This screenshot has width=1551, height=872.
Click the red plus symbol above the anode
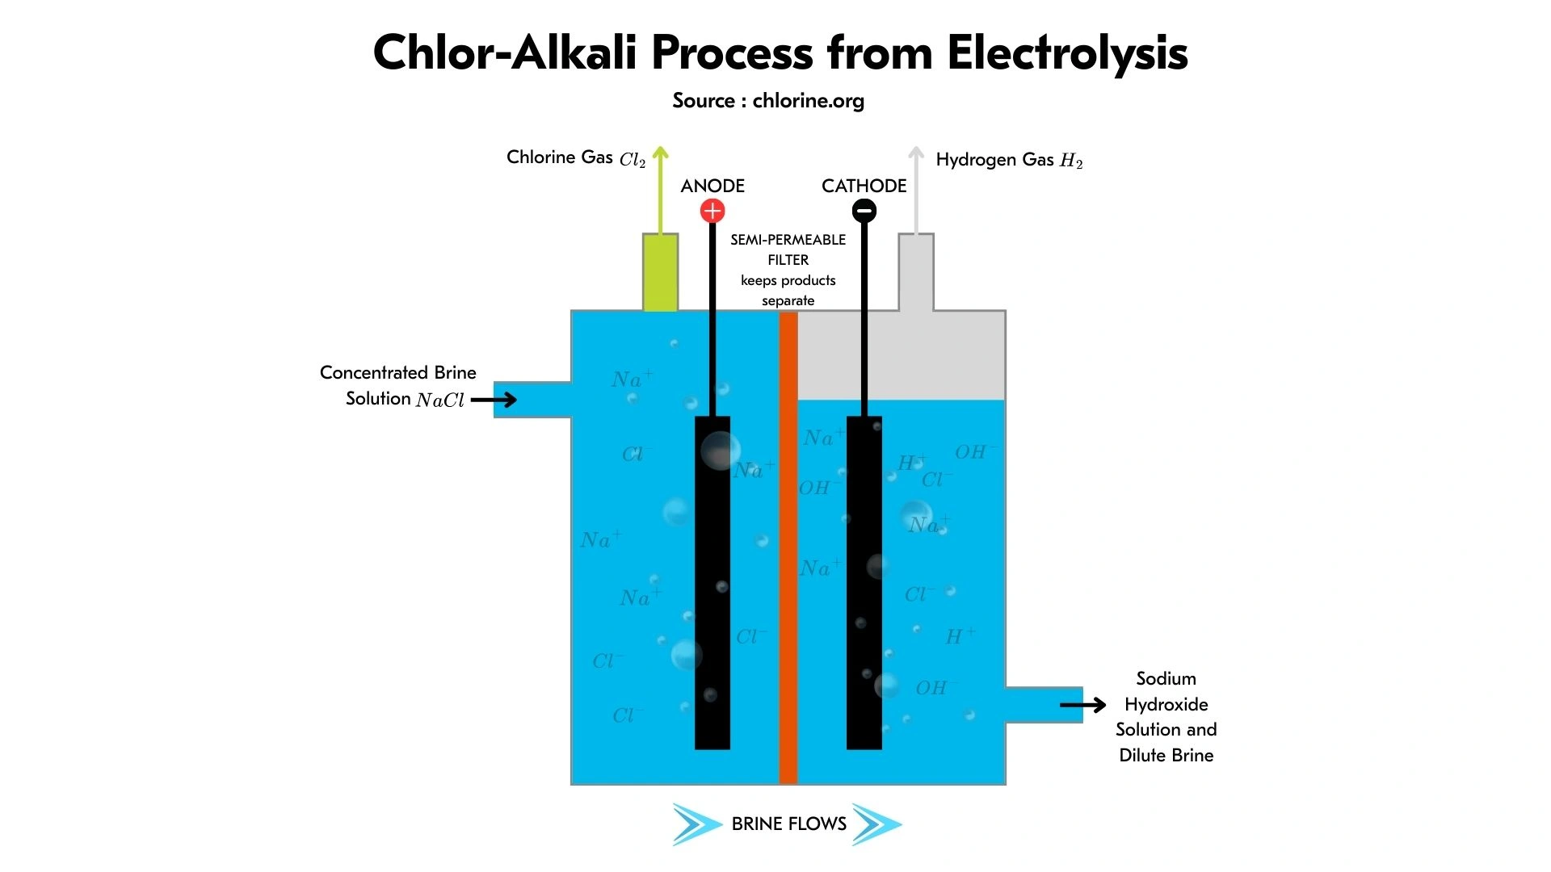tap(712, 212)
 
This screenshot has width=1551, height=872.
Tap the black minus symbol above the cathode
tap(864, 212)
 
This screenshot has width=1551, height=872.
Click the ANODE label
tap(712, 186)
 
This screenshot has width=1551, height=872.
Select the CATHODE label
tap(864, 186)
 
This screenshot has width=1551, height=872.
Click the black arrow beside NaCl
tap(494, 399)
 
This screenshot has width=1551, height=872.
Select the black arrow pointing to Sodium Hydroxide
tap(1082, 705)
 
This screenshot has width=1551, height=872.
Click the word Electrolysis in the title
tap(1066, 53)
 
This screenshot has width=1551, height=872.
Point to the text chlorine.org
tap(808, 101)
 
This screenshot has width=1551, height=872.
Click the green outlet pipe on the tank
tap(660, 273)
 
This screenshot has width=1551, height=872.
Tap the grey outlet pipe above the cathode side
tap(916, 273)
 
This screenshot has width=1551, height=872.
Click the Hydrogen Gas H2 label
tap(1008, 160)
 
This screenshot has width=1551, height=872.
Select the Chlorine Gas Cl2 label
tap(575, 157)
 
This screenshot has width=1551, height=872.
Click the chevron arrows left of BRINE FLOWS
tap(696, 824)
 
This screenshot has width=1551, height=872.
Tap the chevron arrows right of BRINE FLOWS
tap(876, 824)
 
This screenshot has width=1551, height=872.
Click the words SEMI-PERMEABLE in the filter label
tap(788, 240)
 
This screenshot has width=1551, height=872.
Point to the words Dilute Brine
tap(1166, 755)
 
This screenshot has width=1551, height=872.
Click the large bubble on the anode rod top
tap(718, 450)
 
